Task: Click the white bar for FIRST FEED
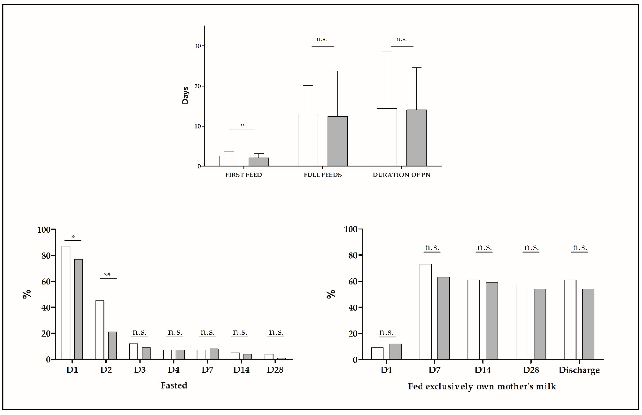(x=229, y=161)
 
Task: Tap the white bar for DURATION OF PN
(x=387, y=137)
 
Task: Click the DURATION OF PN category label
(x=401, y=175)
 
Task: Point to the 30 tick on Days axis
(x=198, y=46)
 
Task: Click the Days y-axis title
(x=185, y=95)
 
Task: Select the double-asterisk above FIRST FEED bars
(x=243, y=125)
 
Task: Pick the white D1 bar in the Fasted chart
(x=66, y=302)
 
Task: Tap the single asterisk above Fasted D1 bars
(x=73, y=237)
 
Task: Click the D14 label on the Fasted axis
(x=241, y=370)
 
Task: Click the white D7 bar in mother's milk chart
(x=426, y=312)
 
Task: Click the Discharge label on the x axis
(x=579, y=370)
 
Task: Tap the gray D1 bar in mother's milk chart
(x=395, y=351)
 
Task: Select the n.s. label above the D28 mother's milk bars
(x=531, y=247)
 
